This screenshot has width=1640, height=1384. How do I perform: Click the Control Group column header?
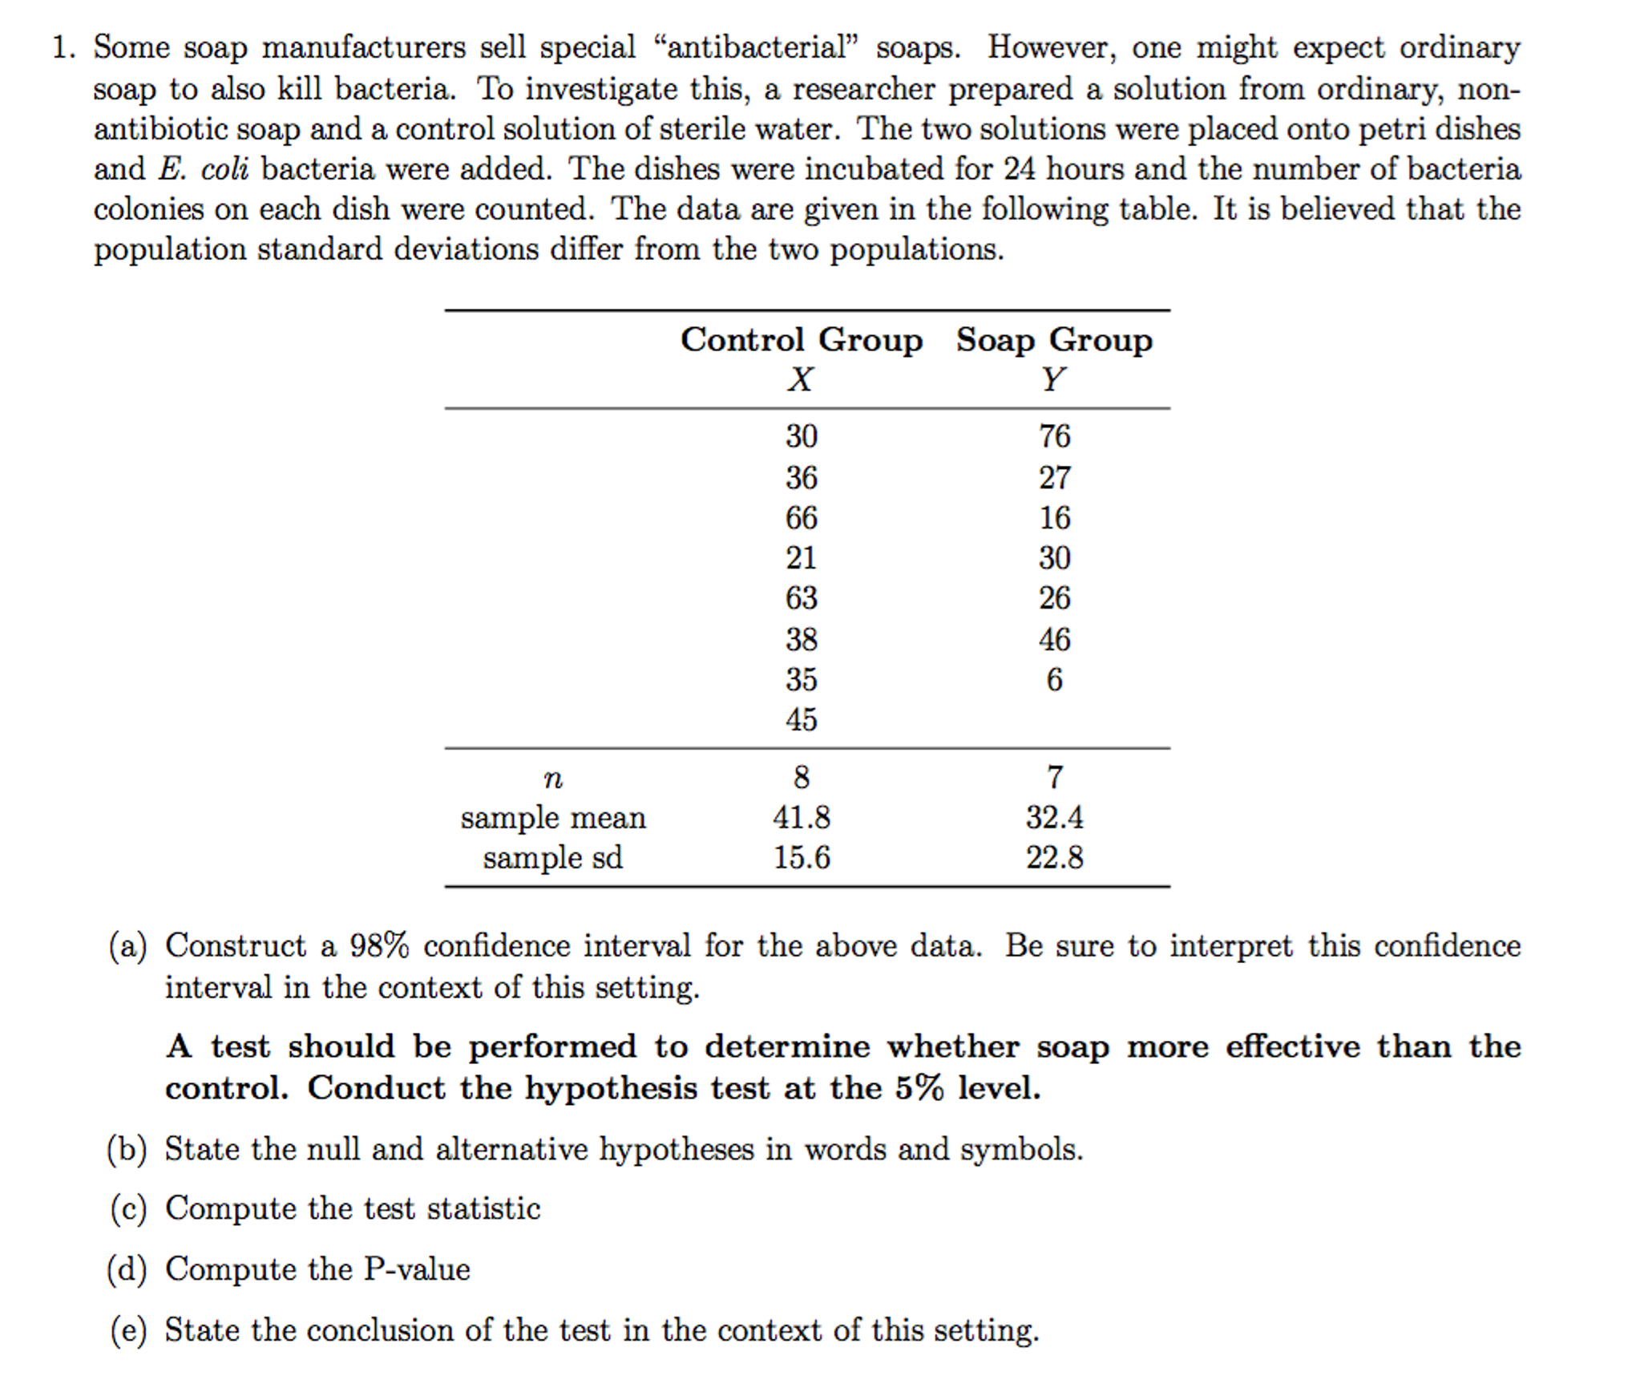click(x=801, y=340)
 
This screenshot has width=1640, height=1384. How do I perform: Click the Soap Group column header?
click(x=1054, y=340)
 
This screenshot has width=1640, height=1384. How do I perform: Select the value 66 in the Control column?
click(x=801, y=518)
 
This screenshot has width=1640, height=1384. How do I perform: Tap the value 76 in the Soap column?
click(x=1054, y=436)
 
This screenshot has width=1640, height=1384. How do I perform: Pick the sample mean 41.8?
click(x=801, y=818)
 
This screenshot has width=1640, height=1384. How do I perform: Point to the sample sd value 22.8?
click(x=1054, y=858)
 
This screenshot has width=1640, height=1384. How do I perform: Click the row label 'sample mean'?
click(x=552, y=818)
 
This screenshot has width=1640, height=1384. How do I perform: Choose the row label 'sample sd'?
click(x=552, y=858)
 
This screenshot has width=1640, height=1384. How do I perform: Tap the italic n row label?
click(x=552, y=778)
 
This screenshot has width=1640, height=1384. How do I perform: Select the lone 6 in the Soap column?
click(x=1054, y=680)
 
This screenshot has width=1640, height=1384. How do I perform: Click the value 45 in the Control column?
click(x=801, y=720)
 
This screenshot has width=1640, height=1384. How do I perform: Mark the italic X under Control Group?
click(x=800, y=379)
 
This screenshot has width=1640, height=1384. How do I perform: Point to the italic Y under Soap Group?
click(x=1053, y=379)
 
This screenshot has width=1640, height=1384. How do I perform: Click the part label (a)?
click(x=128, y=946)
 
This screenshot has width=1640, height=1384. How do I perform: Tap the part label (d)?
click(x=128, y=1269)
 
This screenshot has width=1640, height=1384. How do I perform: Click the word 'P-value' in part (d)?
click(x=417, y=1269)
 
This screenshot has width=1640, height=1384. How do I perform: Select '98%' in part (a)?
click(x=378, y=946)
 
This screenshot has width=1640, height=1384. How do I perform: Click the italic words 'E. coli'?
click(x=204, y=169)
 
